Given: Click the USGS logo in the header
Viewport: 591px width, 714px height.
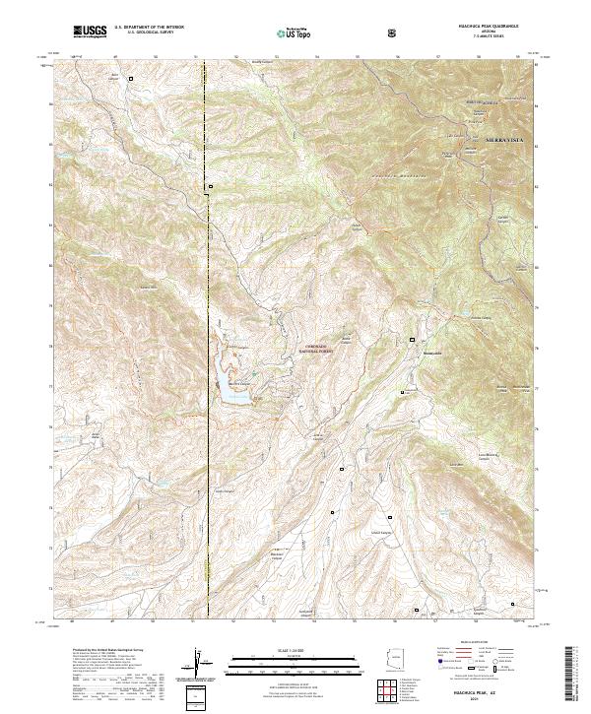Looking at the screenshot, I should pos(90,32).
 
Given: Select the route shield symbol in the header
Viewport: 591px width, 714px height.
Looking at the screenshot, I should pos(394,32).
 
